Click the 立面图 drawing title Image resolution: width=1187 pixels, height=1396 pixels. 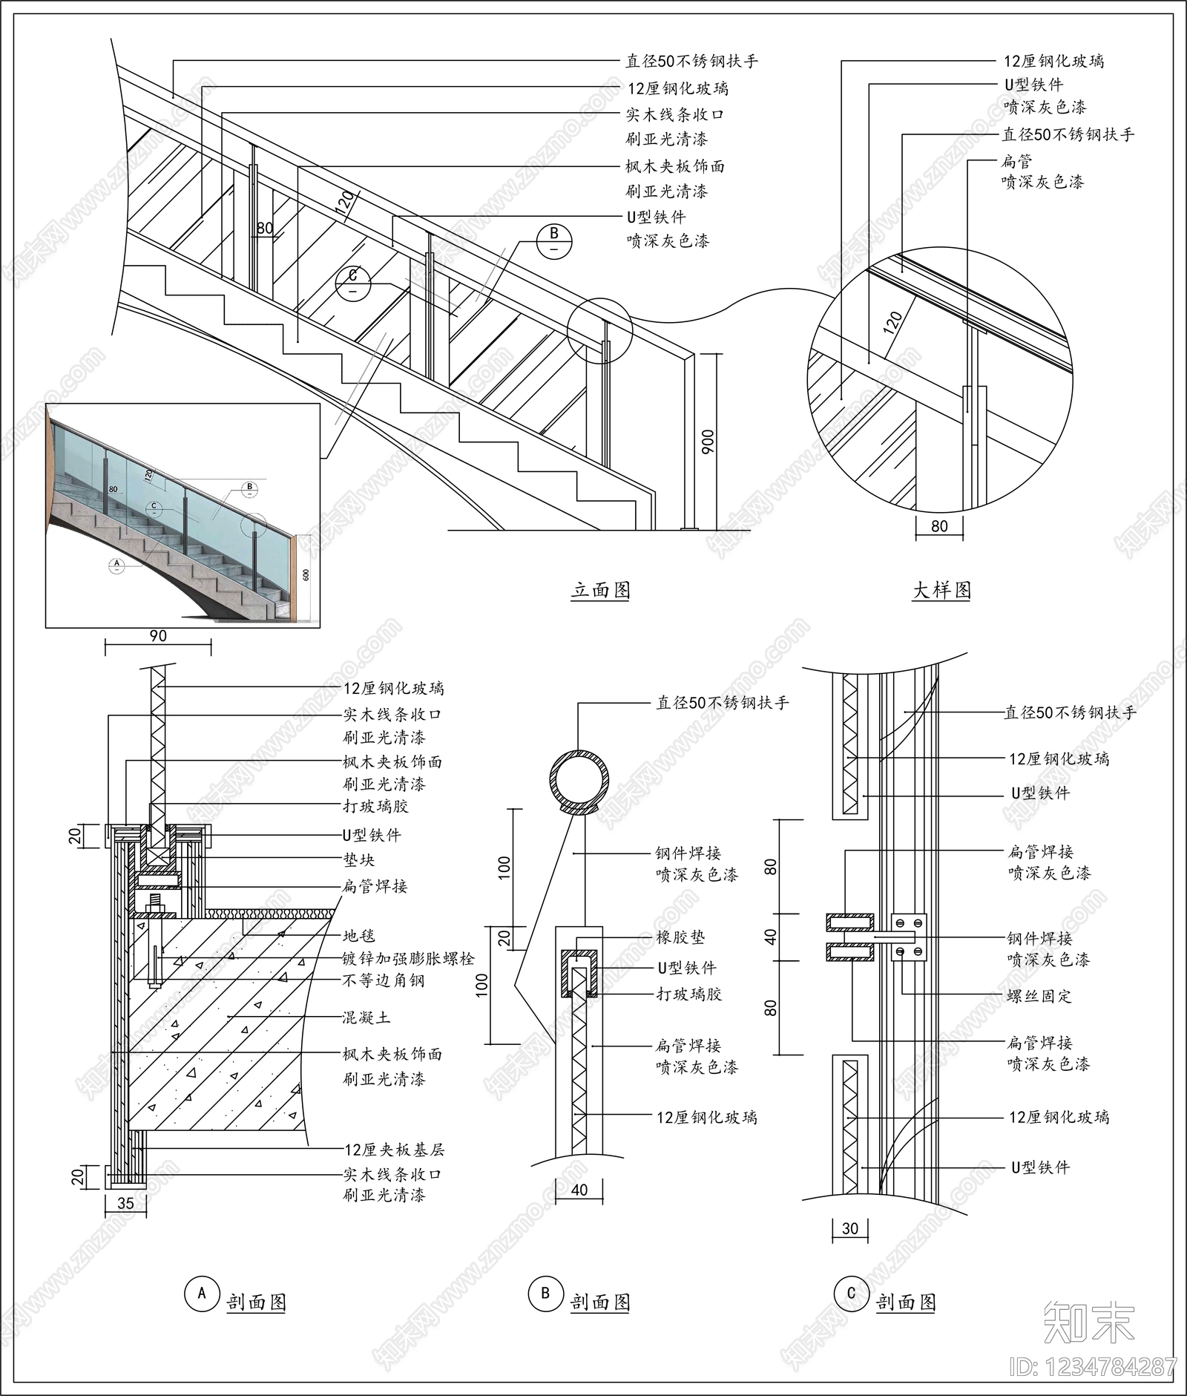pos(600,590)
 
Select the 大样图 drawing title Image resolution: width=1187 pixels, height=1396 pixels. pos(941,590)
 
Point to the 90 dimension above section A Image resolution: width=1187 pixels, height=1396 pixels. pos(158,636)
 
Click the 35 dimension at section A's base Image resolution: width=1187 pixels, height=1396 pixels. pos(126,1203)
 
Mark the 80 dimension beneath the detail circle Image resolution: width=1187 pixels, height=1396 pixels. pos(939,526)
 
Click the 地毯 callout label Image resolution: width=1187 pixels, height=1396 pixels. pos(359,937)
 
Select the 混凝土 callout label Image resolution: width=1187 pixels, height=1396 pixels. pos(366,1017)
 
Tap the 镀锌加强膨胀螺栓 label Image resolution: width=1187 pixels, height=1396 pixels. pos(408,959)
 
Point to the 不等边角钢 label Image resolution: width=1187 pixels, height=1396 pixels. pos(384,980)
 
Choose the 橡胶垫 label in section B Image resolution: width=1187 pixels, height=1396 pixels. pos(680,938)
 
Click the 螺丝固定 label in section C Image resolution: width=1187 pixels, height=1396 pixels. pos(1039,996)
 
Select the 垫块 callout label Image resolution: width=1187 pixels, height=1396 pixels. pos(359,860)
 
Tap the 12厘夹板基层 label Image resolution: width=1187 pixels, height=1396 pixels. pos(394,1150)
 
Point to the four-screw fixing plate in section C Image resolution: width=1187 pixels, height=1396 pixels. pos(909,937)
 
